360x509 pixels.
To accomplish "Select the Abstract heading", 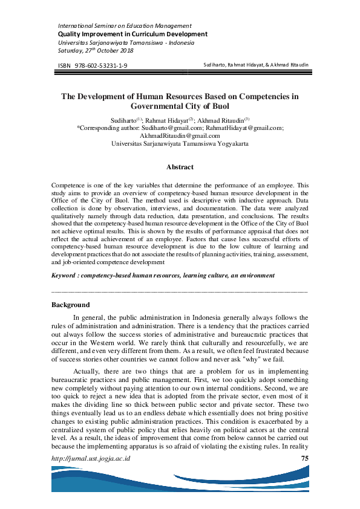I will pos(180,167).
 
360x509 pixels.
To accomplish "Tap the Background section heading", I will pos(71,305).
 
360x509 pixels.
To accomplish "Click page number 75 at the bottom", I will pos(305,458).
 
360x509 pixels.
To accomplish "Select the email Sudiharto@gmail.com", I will pos(171,128).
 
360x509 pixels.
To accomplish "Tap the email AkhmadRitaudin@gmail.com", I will pos(180,136).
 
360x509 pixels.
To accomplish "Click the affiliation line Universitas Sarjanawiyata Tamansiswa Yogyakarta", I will pos(180,144).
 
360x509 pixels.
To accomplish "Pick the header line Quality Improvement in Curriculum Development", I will pos(132,34).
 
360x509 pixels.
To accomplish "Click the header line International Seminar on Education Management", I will pos(124,26).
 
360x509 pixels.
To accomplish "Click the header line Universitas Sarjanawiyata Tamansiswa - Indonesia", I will pos(126,42).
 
